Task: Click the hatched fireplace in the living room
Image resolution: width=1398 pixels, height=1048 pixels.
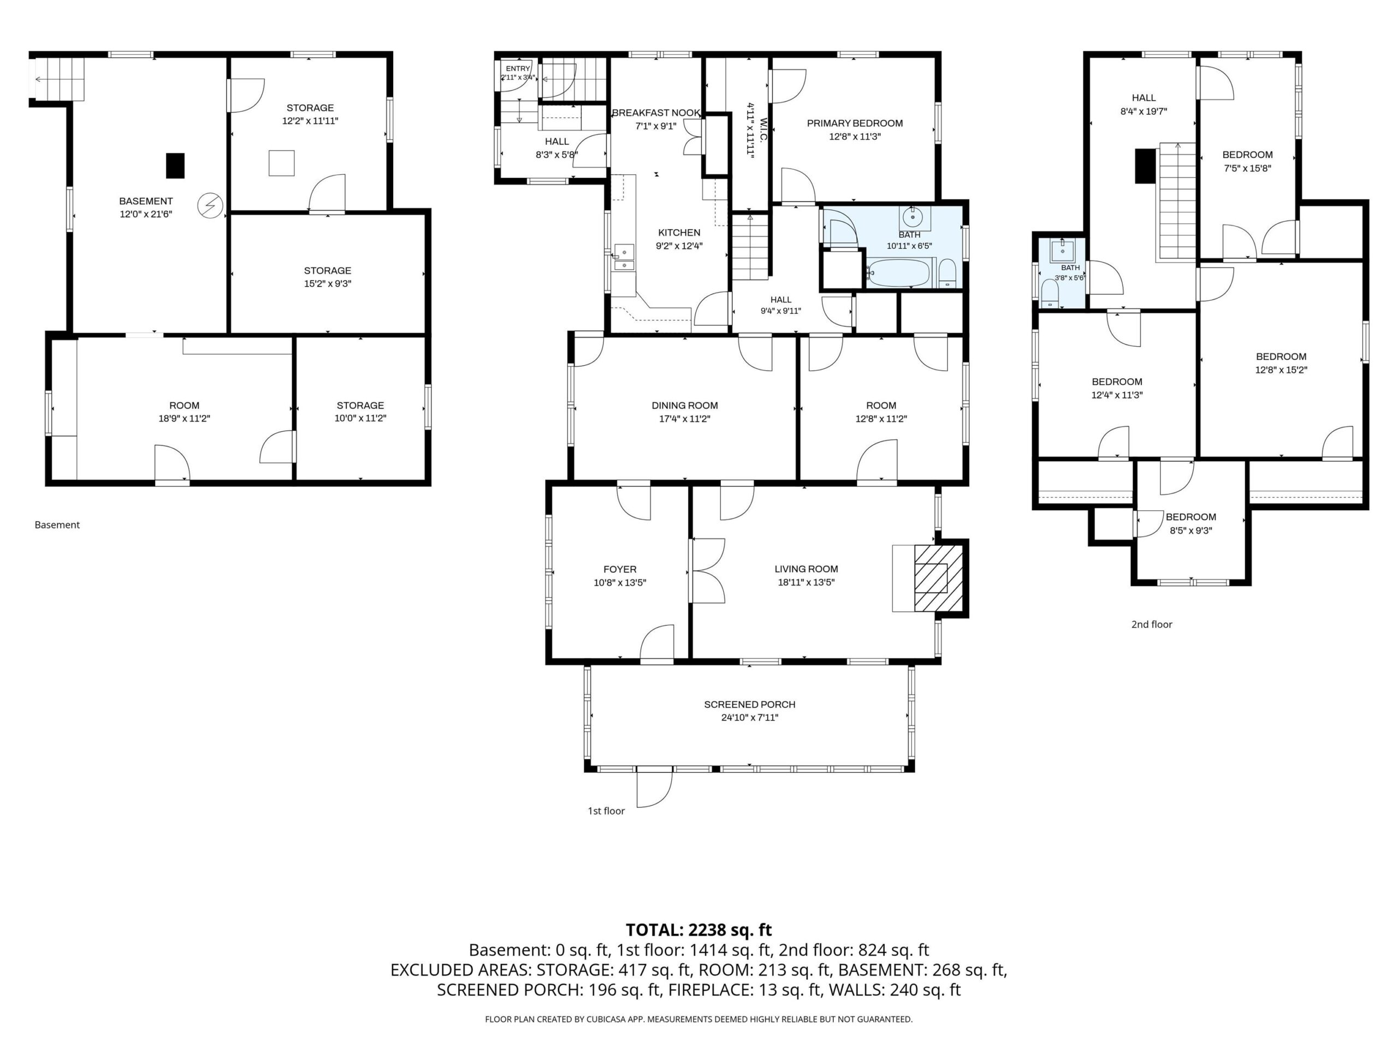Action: pyautogui.click(x=939, y=578)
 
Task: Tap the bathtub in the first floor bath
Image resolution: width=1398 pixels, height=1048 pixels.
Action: pyautogui.click(x=897, y=273)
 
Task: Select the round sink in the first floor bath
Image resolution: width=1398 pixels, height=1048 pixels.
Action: pyautogui.click(x=912, y=218)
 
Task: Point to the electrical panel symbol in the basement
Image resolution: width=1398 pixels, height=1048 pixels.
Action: pyautogui.click(x=210, y=205)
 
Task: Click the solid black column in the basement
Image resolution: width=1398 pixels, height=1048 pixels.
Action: pyautogui.click(x=175, y=165)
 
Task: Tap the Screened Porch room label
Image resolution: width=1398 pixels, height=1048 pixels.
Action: pyautogui.click(x=750, y=704)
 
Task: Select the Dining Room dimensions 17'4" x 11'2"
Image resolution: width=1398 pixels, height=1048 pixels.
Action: pyautogui.click(x=685, y=418)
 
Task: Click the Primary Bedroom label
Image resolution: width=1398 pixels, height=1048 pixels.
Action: pyautogui.click(x=855, y=123)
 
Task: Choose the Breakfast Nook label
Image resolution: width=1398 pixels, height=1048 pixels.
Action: pyautogui.click(x=656, y=112)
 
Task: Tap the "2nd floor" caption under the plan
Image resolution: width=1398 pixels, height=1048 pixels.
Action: pyautogui.click(x=1152, y=624)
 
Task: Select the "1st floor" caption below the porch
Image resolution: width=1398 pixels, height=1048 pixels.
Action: pyautogui.click(x=606, y=811)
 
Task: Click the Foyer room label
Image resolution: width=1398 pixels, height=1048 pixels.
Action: pyautogui.click(x=619, y=569)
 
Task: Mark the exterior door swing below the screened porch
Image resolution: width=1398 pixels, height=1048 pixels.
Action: pyautogui.click(x=654, y=788)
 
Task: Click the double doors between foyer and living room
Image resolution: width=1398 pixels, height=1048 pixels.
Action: pyautogui.click(x=708, y=570)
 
